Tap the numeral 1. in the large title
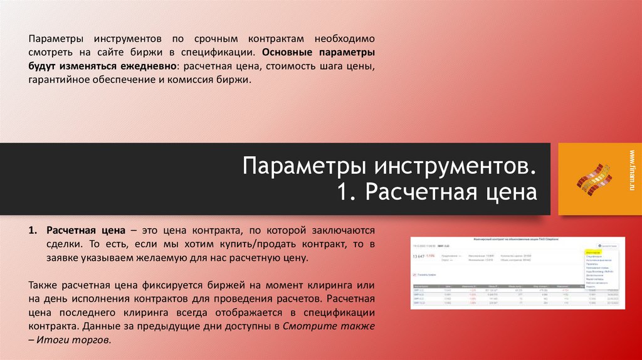click(347, 193)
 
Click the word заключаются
click(342, 230)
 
